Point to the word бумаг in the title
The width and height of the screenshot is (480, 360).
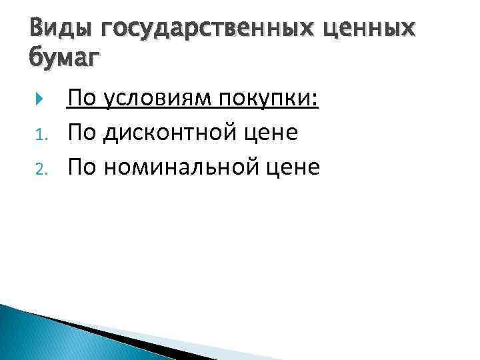tap(64, 59)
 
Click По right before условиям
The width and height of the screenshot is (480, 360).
tap(82, 100)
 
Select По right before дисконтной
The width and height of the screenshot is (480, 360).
tap(82, 133)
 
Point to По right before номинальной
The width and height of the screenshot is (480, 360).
tap(82, 167)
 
